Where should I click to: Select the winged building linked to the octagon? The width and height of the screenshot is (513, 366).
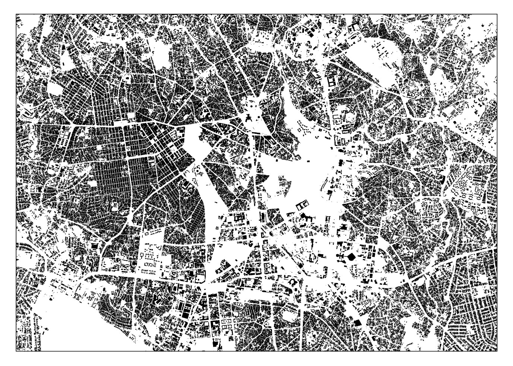pos(341,256)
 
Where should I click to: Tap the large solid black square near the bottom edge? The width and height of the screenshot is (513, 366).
pos(357,322)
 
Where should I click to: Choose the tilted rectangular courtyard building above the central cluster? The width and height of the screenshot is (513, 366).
pos(302,204)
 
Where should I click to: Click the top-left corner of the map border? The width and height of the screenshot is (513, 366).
pos(16,14)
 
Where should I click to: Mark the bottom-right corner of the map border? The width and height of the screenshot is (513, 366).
pos(497,351)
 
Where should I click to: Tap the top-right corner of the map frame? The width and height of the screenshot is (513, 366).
pos(497,14)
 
